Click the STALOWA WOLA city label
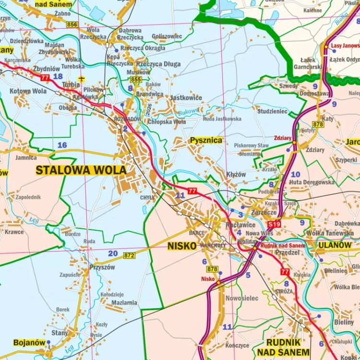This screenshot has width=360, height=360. coord(81,170)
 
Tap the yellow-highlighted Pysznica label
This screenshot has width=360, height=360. coord(206,140)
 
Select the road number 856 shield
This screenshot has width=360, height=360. coord(72,24)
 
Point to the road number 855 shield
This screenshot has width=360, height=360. coord(136,79)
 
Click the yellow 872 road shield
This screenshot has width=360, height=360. coord(129,255)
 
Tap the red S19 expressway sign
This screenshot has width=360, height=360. coord(274,224)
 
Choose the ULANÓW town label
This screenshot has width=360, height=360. coord(335,245)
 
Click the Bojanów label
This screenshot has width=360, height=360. coord(29,342)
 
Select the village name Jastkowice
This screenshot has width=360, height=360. coord(186,97)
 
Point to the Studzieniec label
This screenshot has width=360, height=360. coord(272,111)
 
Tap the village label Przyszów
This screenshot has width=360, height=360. coord(102,267)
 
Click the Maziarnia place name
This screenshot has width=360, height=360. coord(124,303)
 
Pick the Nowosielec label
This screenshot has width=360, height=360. coord(242,298)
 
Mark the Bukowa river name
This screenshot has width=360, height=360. coord(188,112)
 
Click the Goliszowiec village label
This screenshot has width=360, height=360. coord(167,36)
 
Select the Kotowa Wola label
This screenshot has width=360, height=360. coord(28,91)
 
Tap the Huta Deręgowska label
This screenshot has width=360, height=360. coord(312,182)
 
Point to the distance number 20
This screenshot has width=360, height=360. coord(113,253)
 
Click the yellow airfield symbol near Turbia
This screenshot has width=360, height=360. coord(82,78)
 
